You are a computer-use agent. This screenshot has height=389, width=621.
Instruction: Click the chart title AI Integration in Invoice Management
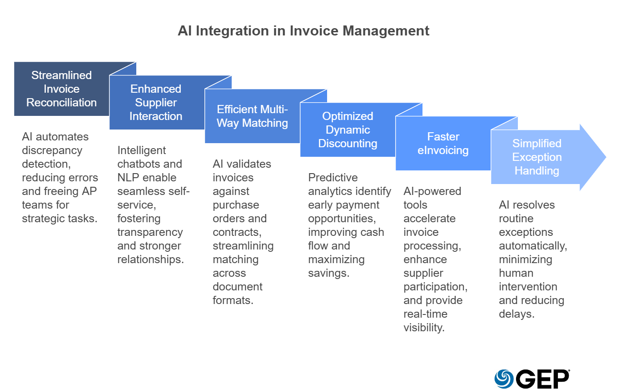click(303, 31)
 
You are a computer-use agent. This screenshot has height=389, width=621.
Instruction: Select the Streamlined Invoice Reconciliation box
click(61, 89)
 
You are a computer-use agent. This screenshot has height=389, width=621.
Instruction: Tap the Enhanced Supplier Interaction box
click(156, 103)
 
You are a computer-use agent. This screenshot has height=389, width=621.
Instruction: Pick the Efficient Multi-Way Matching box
click(252, 116)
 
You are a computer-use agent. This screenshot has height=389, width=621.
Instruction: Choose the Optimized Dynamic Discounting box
click(348, 130)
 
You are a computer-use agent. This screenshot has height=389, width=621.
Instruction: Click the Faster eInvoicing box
click(443, 144)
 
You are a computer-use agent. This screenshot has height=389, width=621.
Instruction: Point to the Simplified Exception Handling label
click(537, 157)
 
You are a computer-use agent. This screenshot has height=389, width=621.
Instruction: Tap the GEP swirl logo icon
click(504, 379)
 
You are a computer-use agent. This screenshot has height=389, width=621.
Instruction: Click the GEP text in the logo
click(542, 379)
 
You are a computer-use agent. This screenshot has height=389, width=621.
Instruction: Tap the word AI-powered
click(432, 191)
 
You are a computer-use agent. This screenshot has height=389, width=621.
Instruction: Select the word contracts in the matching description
click(235, 232)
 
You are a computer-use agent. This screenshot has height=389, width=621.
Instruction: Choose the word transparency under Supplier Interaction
click(150, 232)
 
